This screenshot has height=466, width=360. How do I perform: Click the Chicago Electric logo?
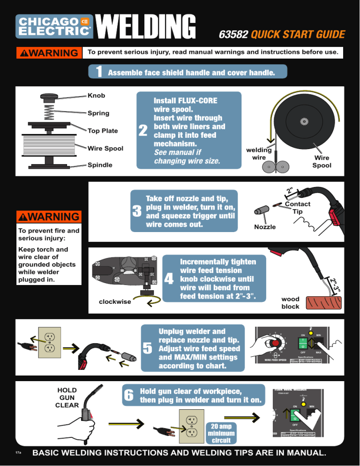[54, 26]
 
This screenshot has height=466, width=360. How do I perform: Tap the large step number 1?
[99, 73]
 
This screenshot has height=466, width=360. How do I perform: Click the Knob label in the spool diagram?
[96, 96]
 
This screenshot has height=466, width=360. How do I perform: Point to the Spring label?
[98, 113]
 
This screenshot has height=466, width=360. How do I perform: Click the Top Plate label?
[102, 131]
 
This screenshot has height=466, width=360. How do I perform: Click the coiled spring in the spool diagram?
[48, 111]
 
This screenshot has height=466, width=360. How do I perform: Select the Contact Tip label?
[298, 208]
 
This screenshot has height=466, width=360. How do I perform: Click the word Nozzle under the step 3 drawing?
[265, 227]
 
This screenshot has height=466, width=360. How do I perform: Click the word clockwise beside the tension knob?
[115, 302]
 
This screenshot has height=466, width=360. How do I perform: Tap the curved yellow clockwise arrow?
[151, 299]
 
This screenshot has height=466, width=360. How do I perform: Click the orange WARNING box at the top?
[48, 53]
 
